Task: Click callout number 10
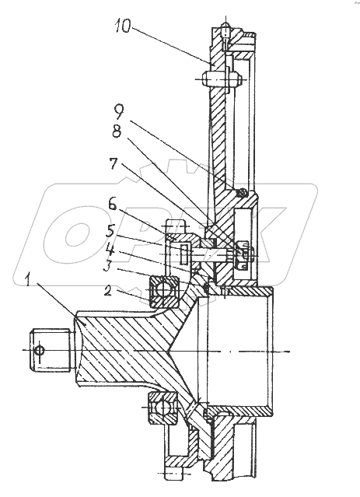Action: point(123,26)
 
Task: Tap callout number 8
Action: point(117,131)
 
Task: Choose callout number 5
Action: point(110,231)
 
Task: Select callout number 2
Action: point(108,291)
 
